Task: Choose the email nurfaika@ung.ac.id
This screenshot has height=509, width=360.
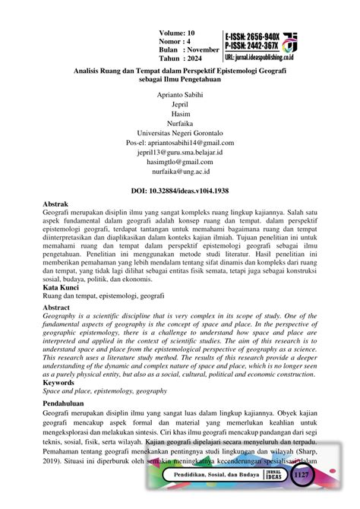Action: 181,190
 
